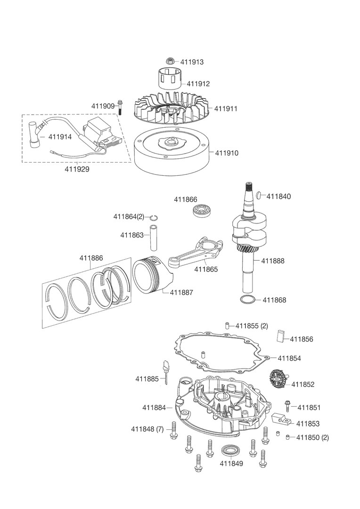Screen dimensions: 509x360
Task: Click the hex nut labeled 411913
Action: tap(171, 61)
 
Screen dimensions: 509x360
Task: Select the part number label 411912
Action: tap(198, 84)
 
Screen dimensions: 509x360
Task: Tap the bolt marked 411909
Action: tap(121, 107)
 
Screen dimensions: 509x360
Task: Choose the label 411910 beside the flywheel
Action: tap(227, 153)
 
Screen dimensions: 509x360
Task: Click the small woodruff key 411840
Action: tap(260, 196)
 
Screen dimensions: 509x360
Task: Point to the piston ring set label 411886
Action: tap(91, 258)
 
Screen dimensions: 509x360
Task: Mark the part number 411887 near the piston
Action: tap(181, 292)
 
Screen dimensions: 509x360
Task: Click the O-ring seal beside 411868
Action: tap(248, 300)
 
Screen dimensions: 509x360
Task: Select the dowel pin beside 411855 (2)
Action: tap(226, 325)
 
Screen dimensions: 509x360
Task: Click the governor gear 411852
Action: tap(278, 379)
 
